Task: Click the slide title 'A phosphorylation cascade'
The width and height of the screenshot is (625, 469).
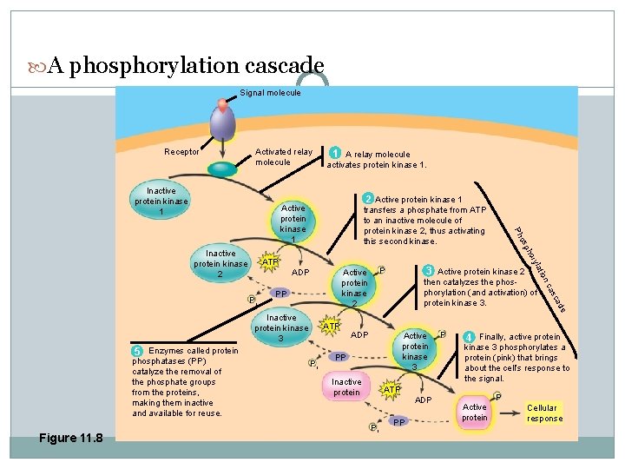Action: (x=186, y=66)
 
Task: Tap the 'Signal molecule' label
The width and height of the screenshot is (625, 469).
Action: (x=270, y=93)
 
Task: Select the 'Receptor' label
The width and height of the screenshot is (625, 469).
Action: (x=181, y=152)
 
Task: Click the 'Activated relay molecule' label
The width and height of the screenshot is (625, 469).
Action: (x=283, y=157)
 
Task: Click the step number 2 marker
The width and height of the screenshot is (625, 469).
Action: (x=368, y=200)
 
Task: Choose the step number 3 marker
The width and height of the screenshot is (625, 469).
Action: (x=429, y=271)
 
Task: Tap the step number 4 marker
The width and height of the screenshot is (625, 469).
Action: (x=469, y=337)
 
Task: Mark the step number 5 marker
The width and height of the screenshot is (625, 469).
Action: (x=137, y=351)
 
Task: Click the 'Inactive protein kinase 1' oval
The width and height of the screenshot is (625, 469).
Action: (x=161, y=201)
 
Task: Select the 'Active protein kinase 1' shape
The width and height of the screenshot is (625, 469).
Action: (x=293, y=224)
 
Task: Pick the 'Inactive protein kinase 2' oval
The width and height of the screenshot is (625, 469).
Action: (x=220, y=264)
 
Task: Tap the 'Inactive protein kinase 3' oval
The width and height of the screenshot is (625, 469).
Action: (x=281, y=328)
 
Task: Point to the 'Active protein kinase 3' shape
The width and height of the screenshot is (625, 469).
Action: (x=415, y=351)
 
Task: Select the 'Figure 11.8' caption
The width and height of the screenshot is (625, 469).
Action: (x=70, y=438)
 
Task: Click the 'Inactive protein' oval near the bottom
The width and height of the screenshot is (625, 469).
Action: (x=346, y=387)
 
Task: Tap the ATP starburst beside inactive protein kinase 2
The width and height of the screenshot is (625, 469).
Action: (x=270, y=261)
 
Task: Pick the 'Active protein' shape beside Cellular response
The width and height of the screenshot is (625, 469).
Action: (x=475, y=412)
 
